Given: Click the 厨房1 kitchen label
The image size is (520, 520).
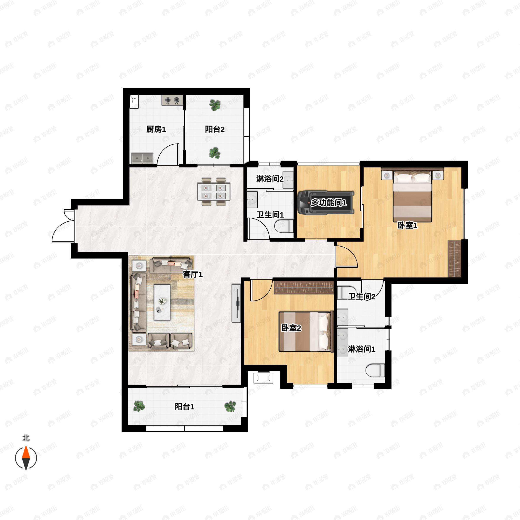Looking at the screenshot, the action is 156,130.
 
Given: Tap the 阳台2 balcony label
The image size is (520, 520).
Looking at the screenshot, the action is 214,130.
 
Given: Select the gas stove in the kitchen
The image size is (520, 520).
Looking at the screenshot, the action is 172,100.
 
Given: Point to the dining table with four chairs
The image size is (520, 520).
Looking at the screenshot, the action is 213,191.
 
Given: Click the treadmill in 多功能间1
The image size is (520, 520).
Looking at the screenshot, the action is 325,203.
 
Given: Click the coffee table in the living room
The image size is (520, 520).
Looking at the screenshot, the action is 162,302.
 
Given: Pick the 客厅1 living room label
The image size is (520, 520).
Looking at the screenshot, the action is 192,274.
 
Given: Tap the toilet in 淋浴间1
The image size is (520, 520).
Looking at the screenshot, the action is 375,370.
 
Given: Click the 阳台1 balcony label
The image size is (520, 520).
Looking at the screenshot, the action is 184,407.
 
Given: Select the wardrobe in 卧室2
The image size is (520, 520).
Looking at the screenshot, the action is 304,288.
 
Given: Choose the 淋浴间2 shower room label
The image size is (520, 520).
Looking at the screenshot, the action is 270,179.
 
